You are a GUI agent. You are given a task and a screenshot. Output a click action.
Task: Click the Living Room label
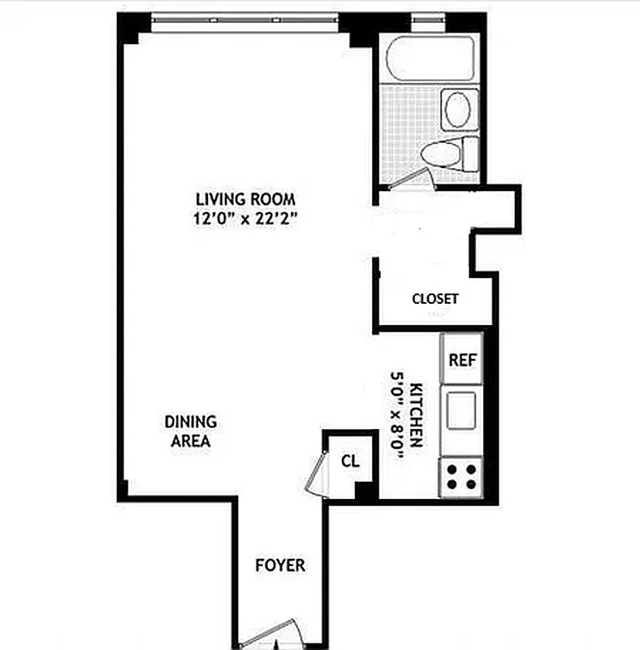point(244,198)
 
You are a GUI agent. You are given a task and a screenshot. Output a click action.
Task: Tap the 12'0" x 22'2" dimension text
point(244,218)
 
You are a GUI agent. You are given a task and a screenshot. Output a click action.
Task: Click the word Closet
point(435,298)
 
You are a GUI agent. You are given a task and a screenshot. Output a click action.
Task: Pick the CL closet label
point(350,461)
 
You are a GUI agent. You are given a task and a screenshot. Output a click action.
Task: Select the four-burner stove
point(461,476)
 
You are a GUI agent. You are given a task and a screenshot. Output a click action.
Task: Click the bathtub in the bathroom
point(430,58)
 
